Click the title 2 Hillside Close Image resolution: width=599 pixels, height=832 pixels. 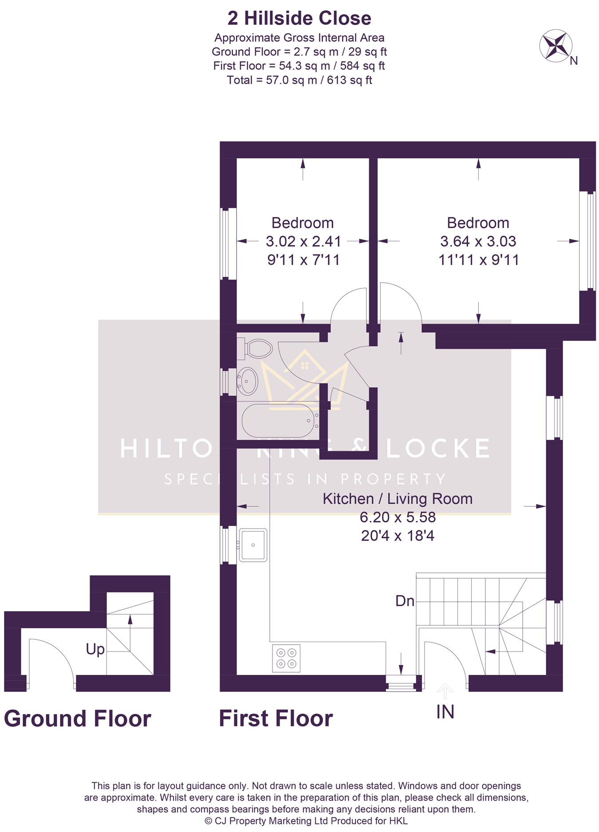pyautogui.click(x=299, y=18)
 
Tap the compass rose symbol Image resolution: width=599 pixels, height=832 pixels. pyautogui.click(x=556, y=45)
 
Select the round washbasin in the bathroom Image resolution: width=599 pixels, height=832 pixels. pyautogui.click(x=248, y=381)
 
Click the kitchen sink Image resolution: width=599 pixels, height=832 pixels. pyautogui.click(x=253, y=545)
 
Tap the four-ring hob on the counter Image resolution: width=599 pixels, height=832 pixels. pyautogui.click(x=286, y=658)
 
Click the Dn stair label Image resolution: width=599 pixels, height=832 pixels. pyautogui.click(x=405, y=601)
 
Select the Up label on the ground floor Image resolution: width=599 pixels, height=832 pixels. pyautogui.click(x=95, y=650)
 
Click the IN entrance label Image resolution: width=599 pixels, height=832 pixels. pyautogui.click(x=445, y=712)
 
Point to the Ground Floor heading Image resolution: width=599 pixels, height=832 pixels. pyautogui.click(x=78, y=718)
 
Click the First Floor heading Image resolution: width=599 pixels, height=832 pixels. pyautogui.click(x=276, y=718)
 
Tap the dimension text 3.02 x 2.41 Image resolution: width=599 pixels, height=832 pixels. pyautogui.click(x=303, y=241)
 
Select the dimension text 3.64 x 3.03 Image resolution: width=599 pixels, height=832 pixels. pyautogui.click(x=478, y=241)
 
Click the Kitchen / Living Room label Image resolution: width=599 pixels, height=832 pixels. pyautogui.click(x=398, y=499)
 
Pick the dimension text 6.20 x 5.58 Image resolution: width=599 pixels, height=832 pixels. pyautogui.click(x=398, y=517)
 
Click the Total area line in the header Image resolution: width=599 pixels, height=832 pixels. pyautogui.click(x=299, y=80)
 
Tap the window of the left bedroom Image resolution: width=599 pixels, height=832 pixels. pyautogui.click(x=228, y=244)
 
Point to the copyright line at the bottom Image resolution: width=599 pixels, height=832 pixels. pyautogui.click(x=306, y=821)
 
